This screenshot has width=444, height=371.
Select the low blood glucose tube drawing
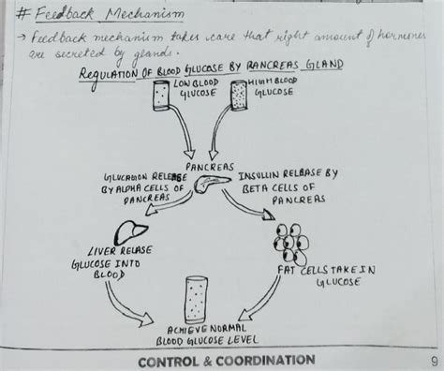coord(160,96)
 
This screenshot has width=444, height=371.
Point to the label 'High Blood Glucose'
coord(274,90)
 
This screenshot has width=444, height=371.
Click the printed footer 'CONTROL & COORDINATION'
coord(226,361)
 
